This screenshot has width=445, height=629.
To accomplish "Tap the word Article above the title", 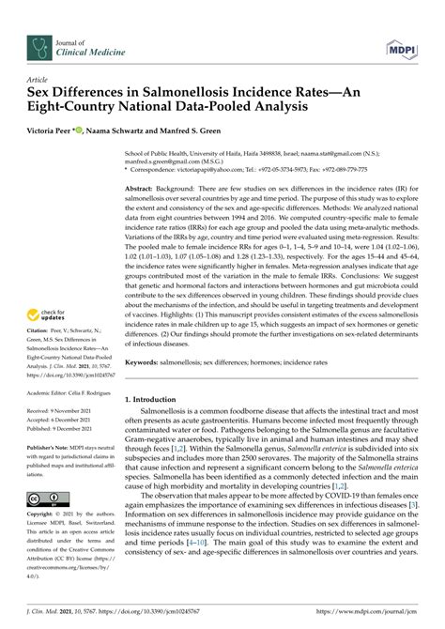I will coord(38,81).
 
